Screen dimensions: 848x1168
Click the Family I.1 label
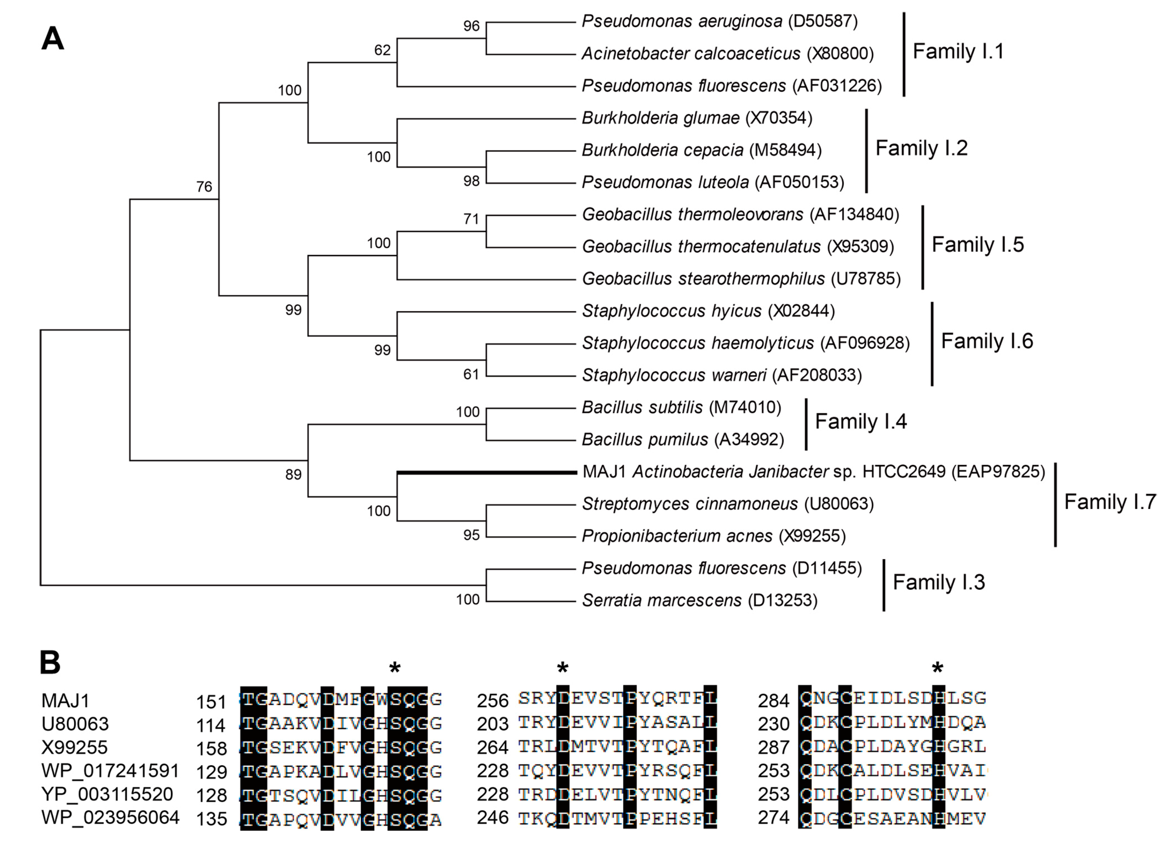(958, 52)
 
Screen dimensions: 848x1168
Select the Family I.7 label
(1110, 502)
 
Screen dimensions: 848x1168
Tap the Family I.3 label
(938, 582)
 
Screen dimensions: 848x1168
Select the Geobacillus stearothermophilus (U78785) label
(741, 279)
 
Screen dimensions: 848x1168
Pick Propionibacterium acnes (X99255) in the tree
(714, 536)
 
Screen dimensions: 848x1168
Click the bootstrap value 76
(204, 187)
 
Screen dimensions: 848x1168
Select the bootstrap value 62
(382, 50)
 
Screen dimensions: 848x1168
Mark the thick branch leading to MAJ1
(487, 472)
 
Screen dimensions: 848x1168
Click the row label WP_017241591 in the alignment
(110, 771)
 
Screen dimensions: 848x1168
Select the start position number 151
(211, 702)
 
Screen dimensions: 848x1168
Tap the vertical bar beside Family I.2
(866, 150)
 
